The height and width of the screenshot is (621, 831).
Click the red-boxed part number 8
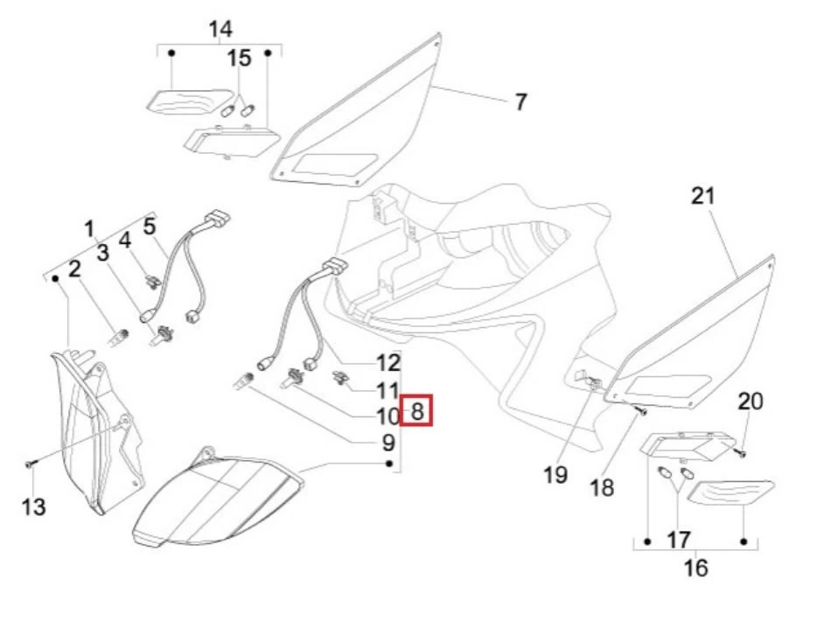point(417,410)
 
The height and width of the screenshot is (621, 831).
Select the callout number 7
point(521,102)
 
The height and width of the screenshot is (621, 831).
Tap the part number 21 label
point(703,196)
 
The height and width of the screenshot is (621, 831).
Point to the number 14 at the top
point(220,29)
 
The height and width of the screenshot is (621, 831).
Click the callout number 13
point(33,506)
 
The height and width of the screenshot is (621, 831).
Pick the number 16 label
point(696,568)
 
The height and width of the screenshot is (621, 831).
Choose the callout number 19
point(555,475)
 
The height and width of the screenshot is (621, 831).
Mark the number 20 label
point(751,401)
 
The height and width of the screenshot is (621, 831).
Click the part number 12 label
point(388,363)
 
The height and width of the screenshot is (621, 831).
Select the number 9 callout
point(388,443)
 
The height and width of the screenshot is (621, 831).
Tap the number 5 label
point(150,227)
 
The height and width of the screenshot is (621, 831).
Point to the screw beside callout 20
point(739,452)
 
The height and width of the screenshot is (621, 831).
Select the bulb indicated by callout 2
point(118,338)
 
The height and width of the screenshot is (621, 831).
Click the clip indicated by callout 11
point(339,378)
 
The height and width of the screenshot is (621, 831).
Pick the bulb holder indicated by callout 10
point(293,379)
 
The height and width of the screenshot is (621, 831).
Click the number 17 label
point(679,541)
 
